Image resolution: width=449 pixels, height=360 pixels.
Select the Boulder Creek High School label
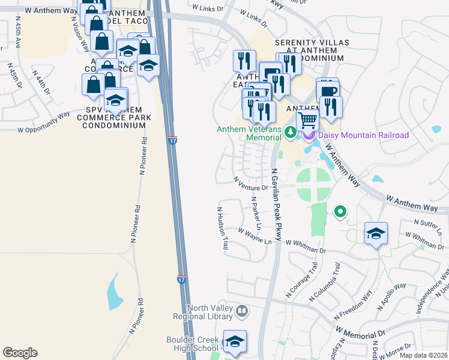pyautogui.click(x=192, y=344)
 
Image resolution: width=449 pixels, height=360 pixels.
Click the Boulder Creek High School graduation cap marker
pyautogui.click(x=235, y=341)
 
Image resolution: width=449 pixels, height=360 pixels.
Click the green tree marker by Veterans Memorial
pyautogui.click(x=290, y=132)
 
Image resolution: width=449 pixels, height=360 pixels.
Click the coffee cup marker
pyautogui.click(x=328, y=91)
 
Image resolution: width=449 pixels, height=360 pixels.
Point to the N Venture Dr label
pyautogui.click(x=249, y=184)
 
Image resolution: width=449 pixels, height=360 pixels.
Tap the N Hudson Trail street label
pyautogui.click(x=223, y=229)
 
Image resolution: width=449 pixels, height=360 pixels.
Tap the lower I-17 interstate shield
pyautogui.click(x=181, y=280)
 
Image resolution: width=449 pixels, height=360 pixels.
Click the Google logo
pyautogui.click(x=20, y=353)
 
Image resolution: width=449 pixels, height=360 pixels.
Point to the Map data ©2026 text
pyautogui.click(x=423, y=355)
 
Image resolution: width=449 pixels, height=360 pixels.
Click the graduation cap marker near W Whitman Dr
pyautogui.click(x=376, y=233)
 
